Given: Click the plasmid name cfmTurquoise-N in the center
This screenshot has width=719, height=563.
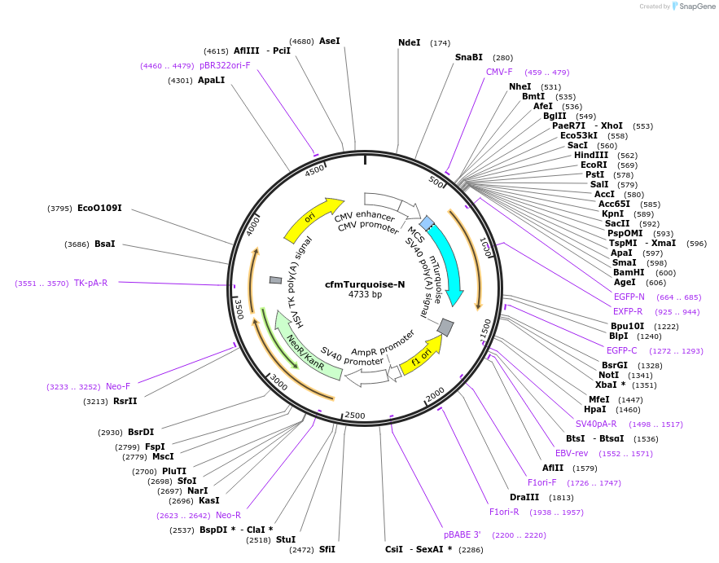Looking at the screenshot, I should pyautogui.click(x=365, y=284).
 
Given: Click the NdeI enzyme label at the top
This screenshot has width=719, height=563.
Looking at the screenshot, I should pyautogui.click(x=410, y=42).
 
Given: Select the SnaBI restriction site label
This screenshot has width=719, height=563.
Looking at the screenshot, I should pyautogui.click(x=469, y=57).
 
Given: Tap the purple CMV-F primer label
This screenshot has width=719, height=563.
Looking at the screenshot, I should pyautogui.click(x=499, y=72).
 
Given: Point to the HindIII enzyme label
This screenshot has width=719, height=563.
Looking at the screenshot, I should pyautogui.click(x=590, y=155).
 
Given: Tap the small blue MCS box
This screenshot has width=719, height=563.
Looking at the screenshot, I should pyautogui.click(x=427, y=222).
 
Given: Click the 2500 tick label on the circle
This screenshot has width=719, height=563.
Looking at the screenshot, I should pyautogui.click(x=355, y=416).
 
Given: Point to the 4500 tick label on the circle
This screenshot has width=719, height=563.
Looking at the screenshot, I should pyautogui.click(x=314, y=170).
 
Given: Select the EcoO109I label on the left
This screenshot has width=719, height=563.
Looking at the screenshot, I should pyautogui.click(x=99, y=208).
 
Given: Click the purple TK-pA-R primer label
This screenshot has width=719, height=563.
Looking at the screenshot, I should pyautogui.click(x=90, y=283).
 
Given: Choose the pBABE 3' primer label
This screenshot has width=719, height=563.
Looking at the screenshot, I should pyautogui.click(x=463, y=534).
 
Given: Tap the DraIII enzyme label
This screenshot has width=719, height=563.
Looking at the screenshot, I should pyautogui.click(x=524, y=497).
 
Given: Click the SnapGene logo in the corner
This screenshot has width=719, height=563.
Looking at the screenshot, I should pyautogui.click(x=693, y=7).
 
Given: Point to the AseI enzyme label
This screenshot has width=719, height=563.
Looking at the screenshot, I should pyautogui.click(x=330, y=41).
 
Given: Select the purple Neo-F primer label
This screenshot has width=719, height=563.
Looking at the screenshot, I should pyautogui.click(x=118, y=386).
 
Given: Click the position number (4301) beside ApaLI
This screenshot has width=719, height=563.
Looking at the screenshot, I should pyautogui.click(x=180, y=80).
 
